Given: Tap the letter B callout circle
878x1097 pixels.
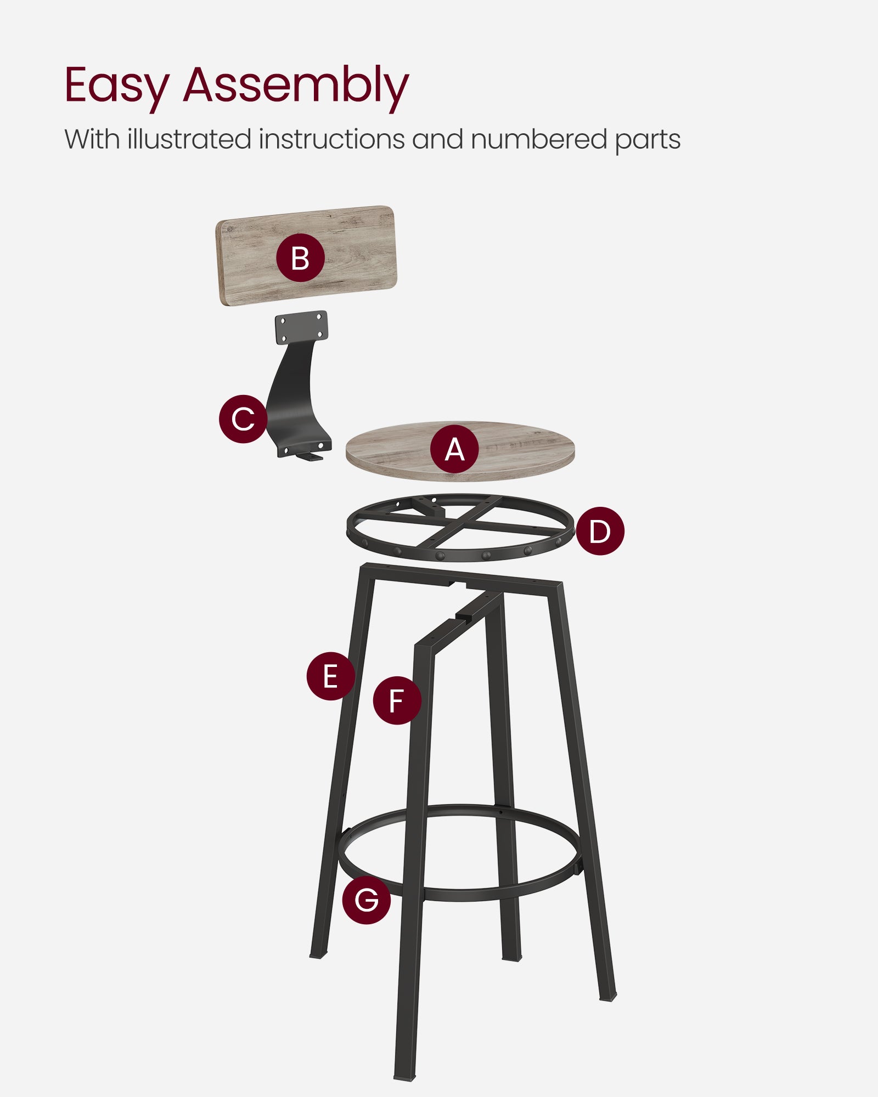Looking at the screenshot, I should pos(300,258).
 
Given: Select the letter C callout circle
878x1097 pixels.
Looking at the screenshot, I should pos(243,419).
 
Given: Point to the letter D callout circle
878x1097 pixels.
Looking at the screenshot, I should pos(600,530).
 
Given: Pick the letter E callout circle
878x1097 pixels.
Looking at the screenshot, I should pos(330,676).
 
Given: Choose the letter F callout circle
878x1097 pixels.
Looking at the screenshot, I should pos(397,700).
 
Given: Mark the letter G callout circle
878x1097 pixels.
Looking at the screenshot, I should pos(366,900).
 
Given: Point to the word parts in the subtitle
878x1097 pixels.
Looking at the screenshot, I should pos(648,140).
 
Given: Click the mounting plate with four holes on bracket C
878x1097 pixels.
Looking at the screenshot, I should pos(302,327).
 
